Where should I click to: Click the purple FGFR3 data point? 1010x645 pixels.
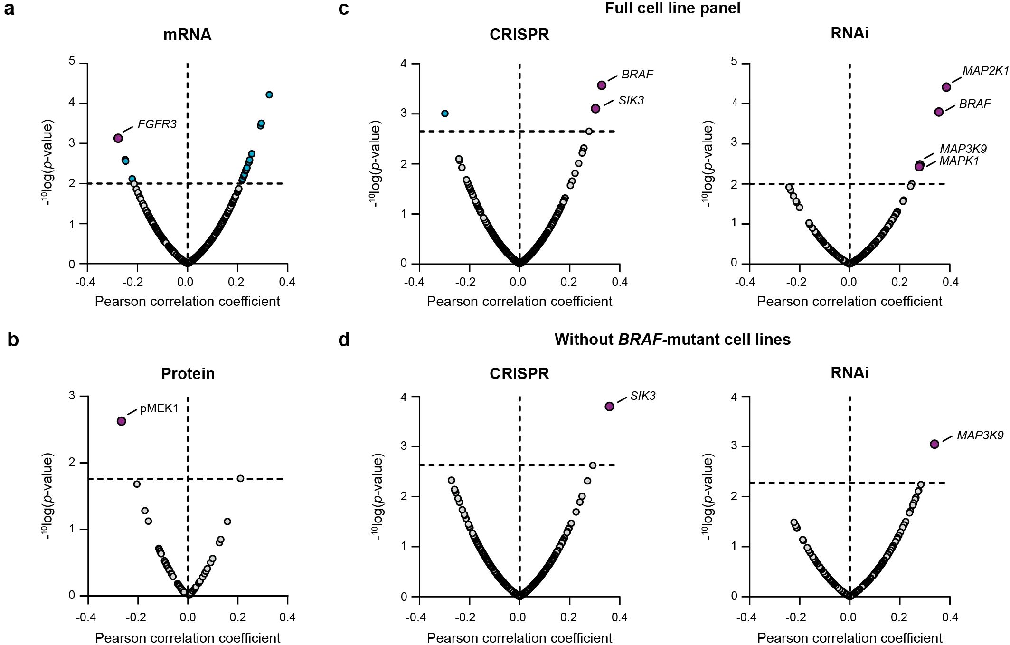coord(118,138)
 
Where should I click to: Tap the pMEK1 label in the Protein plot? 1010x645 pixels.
coord(159,408)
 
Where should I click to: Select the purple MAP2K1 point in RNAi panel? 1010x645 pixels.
coord(946,87)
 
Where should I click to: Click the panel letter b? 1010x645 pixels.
coord(13,340)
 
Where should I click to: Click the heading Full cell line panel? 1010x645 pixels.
coord(672,8)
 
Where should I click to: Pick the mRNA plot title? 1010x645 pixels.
coord(187,35)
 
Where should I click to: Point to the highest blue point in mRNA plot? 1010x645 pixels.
coord(269,95)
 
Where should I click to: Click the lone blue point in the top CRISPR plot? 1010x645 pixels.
coord(445,114)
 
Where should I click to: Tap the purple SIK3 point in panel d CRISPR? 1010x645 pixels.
coord(609,406)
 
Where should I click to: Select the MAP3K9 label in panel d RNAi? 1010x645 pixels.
coord(980,435)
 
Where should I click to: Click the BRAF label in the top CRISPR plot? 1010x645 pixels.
coord(637,75)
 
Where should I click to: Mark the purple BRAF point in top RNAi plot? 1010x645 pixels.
coord(939,112)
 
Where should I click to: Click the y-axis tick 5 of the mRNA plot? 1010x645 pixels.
coord(72,61)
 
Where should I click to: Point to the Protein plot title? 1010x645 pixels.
coord(188,374)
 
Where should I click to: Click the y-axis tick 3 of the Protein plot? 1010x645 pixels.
coord(72,396)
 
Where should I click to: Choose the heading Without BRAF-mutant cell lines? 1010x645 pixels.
coord(672,340)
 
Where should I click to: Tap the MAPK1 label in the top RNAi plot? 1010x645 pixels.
coord(959,161)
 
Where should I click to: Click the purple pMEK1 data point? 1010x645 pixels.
coord(122,421)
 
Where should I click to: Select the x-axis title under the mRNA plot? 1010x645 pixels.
coord(188,301)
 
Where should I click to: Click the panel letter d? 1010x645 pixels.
coord(344,340)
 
